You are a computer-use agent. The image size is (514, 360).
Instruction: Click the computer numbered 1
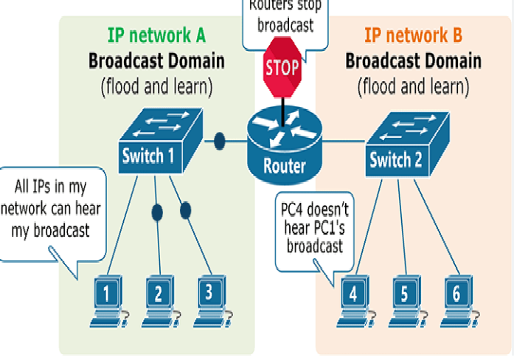pyautogui.click(x=108, y=299)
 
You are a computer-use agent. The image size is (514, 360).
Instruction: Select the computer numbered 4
pyautogui.click(x=354, y=299)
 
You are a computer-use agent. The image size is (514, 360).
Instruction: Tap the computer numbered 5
pyautogui.click(x=404, y=299)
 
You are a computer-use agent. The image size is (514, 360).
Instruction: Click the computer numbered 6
pyautogui.click(x=456, y=299)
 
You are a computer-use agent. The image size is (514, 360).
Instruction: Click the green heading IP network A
pyautogui.click(x=156, y=35)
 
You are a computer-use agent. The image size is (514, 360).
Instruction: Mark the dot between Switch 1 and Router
pyautogui.click(x=219, y=140)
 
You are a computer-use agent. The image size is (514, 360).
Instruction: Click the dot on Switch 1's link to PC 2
pyautogui.click(x=157, y=212)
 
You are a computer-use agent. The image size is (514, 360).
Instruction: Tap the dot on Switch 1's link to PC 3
pyautogui.click(x=185, y=210)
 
